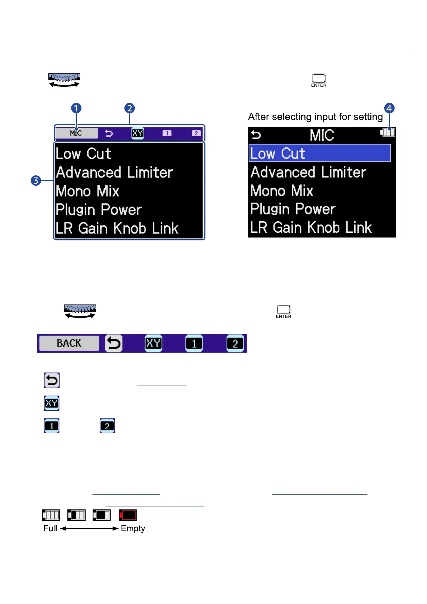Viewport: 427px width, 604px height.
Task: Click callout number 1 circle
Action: tap(76, 108)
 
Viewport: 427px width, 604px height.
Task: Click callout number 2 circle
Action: tap(129, 108)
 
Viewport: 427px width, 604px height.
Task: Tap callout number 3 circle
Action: tap(36, 180)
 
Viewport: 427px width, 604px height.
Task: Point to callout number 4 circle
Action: tap(389, 108)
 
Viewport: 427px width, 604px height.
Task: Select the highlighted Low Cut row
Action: tap(319, 153)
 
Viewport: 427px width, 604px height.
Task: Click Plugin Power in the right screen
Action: tap(293, 209)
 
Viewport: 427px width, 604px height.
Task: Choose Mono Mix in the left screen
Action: tap(87, 191)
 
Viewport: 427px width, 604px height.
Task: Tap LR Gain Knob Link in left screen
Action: tap(117, 228)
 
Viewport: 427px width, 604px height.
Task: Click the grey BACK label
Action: tap(69, 343)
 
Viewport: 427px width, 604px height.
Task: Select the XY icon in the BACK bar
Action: tap(153, 343)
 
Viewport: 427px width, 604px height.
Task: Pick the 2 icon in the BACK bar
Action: tap(235, 344)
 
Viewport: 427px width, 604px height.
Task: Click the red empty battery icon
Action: tap(128, 515)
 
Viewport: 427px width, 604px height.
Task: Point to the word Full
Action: tap(50, 528)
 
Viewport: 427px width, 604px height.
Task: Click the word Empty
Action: tap(133, 528)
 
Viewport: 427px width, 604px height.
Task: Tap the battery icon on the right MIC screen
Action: tap(388, 132)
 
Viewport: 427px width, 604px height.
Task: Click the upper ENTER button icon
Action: tap(319, 79)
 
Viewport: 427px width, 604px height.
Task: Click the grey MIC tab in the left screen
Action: tap(76, 133)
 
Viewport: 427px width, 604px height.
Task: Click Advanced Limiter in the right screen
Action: tap(308, 172)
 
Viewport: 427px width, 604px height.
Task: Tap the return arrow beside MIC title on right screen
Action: tap(256, 135)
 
